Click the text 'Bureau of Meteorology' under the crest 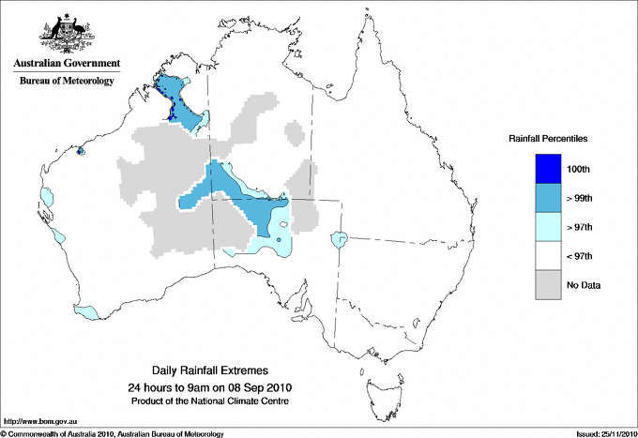click(67, 82)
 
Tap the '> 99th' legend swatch click(548, 198)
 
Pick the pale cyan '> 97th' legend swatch click(548, 227)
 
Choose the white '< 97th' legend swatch click(548, 256)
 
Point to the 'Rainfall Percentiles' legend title click(548, 138)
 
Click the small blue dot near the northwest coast click(80, 150)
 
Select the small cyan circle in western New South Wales click(339, 241)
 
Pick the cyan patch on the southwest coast click(85, 310)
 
